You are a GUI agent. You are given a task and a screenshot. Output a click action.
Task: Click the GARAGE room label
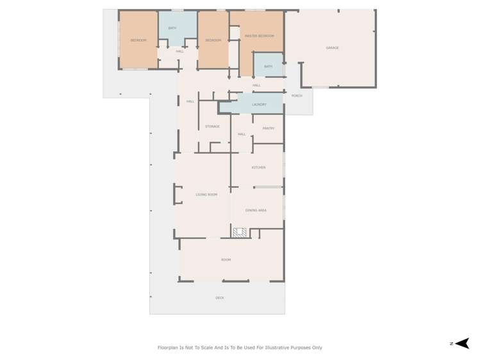coord(332,48)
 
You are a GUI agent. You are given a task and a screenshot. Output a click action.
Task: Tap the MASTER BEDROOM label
coord(259,36)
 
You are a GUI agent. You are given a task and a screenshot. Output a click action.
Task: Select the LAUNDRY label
coord(259,104)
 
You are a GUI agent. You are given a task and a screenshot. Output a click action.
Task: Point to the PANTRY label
coord(269,128)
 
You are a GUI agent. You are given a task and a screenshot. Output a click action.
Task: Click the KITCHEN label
coord(258,168)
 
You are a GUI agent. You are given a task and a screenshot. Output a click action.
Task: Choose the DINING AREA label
coord(256,210)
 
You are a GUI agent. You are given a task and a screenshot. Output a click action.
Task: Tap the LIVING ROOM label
coord(206,195)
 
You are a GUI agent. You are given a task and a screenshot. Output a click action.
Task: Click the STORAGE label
coord(212,127)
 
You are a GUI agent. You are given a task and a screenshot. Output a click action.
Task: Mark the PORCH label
coord(297,96)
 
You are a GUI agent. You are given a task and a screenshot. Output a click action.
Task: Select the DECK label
coord(220,298)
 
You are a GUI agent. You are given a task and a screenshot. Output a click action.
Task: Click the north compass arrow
coord(462,343)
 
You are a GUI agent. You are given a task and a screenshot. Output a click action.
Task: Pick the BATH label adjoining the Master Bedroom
coord(268,67)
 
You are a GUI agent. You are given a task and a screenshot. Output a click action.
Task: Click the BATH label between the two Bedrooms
coord(172,28)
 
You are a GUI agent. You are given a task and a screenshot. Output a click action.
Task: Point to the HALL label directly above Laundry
coord(256,85)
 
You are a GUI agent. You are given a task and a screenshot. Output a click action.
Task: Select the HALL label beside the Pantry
coord(242,135)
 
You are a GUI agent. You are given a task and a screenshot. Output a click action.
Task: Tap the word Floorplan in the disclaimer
coord(170,348)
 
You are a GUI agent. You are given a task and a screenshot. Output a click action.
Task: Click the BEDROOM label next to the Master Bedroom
coord(213,40)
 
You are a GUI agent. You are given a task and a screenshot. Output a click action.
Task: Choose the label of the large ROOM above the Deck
coord(226,260)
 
